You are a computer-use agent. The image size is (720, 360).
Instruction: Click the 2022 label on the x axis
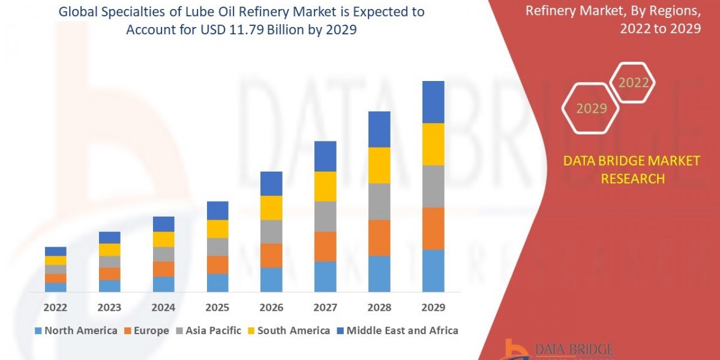pyautogui.click(x=55, y=308)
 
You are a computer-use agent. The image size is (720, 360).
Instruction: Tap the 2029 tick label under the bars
pyautogui.click(x=433, y=308)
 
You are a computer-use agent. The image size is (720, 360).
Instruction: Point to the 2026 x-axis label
pyautogui.click(x=271, y=308)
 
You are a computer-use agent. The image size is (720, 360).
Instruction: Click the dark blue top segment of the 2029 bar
pyautogui.click(x=433, y=102)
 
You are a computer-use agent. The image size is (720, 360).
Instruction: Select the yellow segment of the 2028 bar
pyautogui.click(x=379, y=165)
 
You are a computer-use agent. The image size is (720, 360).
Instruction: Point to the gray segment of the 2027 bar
pyautogui.click(x=325, y=216)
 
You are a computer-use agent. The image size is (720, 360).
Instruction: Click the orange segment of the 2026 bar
pyautogui.click(x=271, y=255)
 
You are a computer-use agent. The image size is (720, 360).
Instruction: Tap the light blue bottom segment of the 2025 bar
pyautogui.click(x=218, y=283)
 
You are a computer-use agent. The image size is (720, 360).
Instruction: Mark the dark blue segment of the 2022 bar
pyautogui.click(x=56, y=251)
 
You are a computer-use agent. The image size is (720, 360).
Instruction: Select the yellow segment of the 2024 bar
pyautogui.click(x=164, y=239)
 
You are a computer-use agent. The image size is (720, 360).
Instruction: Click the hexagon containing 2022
pyautogui.click(x=633, y=83)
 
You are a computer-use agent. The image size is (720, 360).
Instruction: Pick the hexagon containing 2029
pyautogui.click(x=591, y=109)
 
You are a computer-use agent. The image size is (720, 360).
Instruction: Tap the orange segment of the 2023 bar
pyautogui.click(x=110, y=274)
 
